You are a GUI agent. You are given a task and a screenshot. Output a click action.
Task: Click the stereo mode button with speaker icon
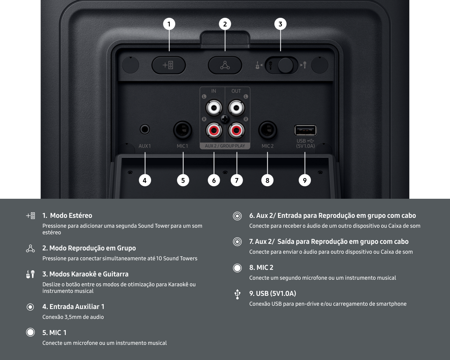[168, 65]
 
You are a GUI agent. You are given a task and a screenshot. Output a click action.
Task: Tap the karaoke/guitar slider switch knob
[285, 65]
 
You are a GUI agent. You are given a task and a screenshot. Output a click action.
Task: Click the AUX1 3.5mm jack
[145, 129]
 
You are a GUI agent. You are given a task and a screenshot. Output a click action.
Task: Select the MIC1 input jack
[183, 130]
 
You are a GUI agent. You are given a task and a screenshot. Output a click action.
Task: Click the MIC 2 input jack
[267, 130]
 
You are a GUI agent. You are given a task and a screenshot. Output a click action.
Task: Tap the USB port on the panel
[305, 130]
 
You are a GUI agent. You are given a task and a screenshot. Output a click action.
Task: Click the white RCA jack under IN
[214, 108]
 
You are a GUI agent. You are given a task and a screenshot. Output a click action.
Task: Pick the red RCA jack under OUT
[236, 131]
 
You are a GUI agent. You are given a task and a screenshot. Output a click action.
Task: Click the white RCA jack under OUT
[236, 108]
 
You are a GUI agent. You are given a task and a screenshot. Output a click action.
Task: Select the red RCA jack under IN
[214, 131]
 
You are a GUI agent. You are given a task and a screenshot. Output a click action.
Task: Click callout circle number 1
[169, 24]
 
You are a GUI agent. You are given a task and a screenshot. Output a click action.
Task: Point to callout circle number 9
[305, 180]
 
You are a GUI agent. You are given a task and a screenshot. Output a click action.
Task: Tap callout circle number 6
[214, 180]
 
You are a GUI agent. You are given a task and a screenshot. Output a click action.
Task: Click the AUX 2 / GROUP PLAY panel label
[225, 146]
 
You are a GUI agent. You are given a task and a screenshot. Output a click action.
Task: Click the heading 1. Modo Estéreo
[67, 216]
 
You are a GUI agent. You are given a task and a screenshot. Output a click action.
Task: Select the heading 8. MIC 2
[261, 268]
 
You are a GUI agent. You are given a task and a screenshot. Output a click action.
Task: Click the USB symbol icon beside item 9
[237, 294]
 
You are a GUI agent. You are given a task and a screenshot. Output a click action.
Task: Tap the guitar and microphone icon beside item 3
[30, 274]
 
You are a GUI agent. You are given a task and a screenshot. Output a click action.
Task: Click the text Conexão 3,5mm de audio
[73, 317]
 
